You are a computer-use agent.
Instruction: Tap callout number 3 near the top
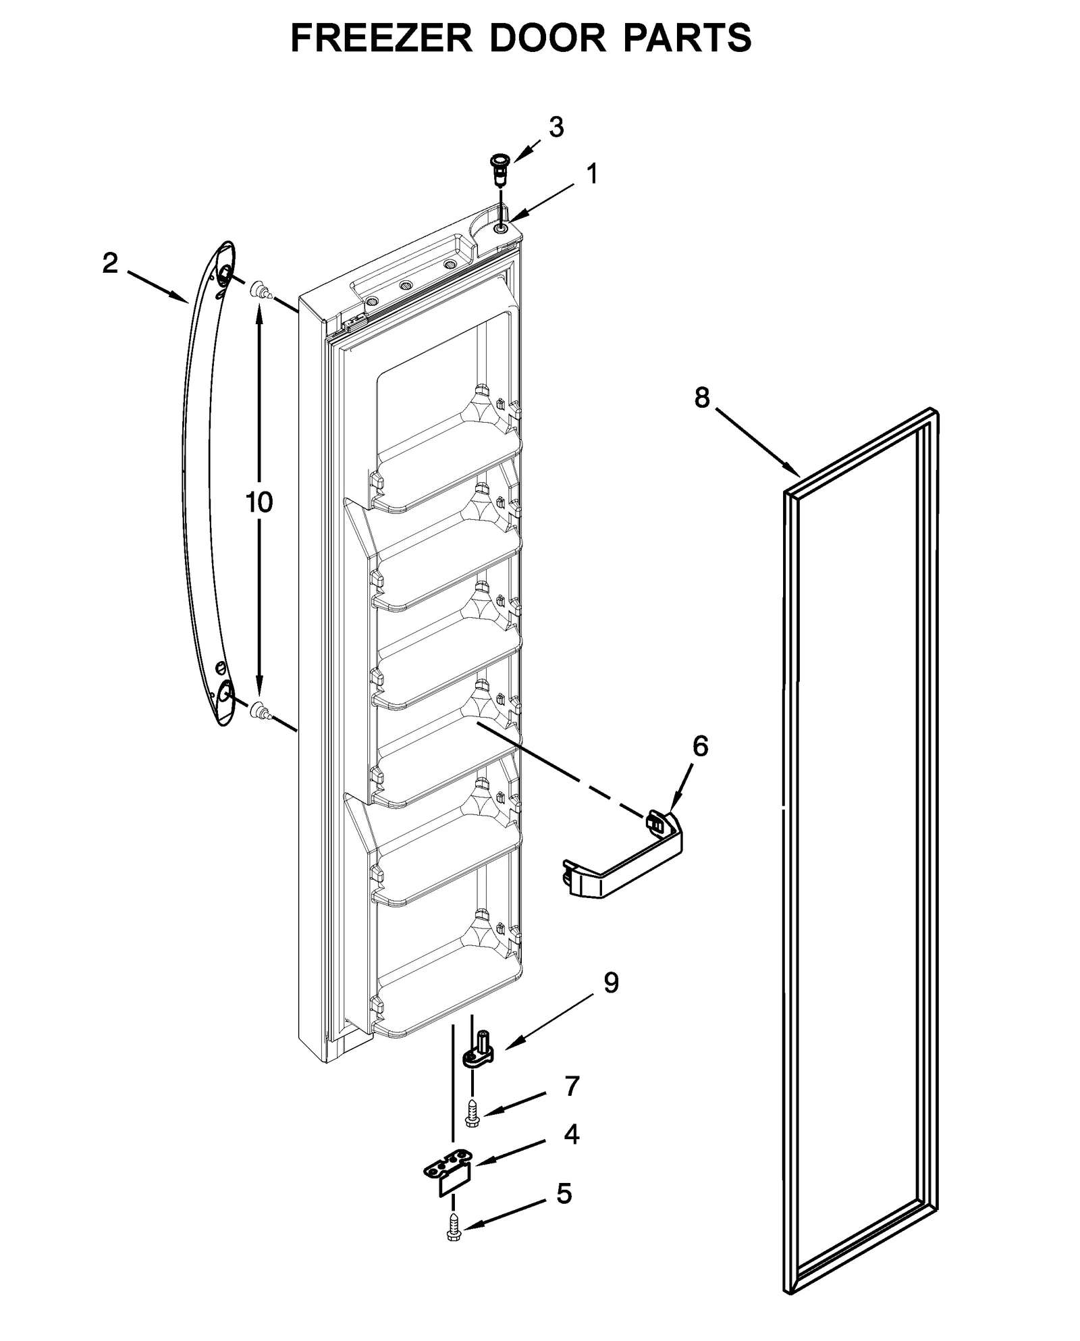(x=556, y=127)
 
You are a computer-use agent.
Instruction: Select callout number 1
(x=591, y=175)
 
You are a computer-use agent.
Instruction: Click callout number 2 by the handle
(x=110, y=263)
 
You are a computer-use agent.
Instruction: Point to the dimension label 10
(x=259, y=502)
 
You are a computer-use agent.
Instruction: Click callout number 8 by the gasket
(x=702, y=398)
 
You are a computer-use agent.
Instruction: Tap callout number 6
(x=700, y=746)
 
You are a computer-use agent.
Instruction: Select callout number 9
(x=610, y=983)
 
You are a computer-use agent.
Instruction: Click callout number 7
(x=572, y=1086)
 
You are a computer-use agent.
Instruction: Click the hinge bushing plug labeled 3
(x=499, y=167)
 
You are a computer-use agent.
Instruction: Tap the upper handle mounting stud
(x=261, y=292)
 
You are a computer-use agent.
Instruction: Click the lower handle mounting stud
(x=259, y=710)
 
